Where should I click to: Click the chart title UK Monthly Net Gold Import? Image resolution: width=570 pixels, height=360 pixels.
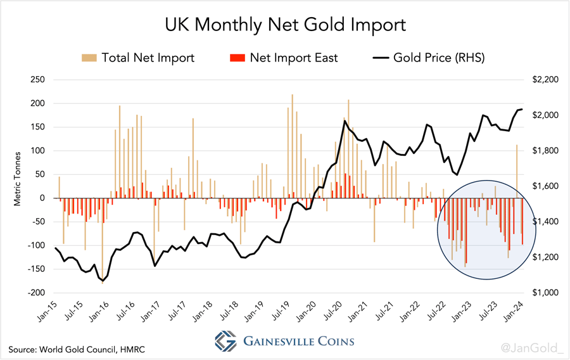284,25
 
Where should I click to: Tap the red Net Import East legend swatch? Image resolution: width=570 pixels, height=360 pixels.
236,58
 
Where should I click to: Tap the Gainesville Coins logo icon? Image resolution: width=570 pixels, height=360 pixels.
225,341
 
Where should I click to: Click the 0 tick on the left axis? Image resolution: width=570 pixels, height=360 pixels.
41,198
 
